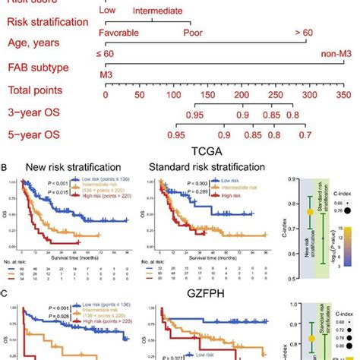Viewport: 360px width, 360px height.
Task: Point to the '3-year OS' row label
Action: tap(33, 114)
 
